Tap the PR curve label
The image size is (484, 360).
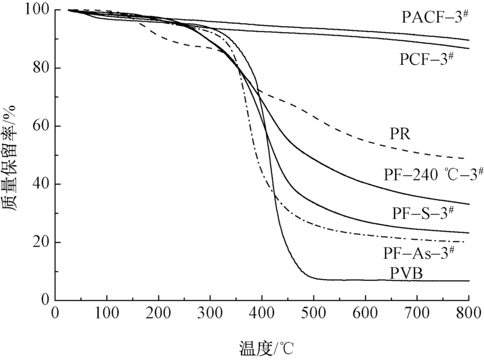(401, 134)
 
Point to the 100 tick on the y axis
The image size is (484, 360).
(41, 11)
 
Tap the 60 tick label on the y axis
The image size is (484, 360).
(44, 126)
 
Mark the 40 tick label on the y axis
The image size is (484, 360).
(44, 185)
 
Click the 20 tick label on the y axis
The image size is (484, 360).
(44, 243)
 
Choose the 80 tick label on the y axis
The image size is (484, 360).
(44, 68)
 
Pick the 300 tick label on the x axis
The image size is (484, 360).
(211, 313)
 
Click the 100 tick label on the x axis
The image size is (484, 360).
(107, 313)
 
